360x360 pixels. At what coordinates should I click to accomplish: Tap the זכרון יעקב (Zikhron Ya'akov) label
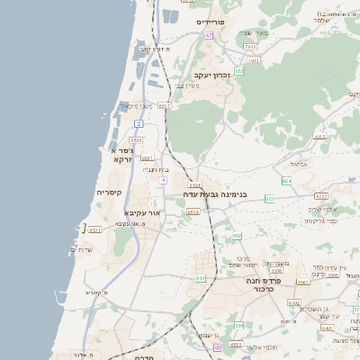point(212,76)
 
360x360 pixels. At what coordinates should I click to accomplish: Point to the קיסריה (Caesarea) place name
point(109,193)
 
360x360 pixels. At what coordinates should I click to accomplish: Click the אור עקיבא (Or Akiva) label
point(140,214)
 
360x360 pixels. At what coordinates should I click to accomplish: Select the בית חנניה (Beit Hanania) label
point(156,168)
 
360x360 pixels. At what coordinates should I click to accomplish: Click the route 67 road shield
point(209,35)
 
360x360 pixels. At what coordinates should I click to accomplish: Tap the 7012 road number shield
point(254,61)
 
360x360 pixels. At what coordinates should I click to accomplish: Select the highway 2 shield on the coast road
point(139,123)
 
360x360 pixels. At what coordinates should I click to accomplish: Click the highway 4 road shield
point(163,180)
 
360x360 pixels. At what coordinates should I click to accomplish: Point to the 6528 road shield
point(193,212)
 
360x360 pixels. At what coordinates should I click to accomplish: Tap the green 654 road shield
point(286,181)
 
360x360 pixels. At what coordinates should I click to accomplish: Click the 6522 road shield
point(321,196)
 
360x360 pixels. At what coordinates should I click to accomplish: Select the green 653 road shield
point(236,237)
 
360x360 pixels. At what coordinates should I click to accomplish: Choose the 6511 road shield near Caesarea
point(95,230)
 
